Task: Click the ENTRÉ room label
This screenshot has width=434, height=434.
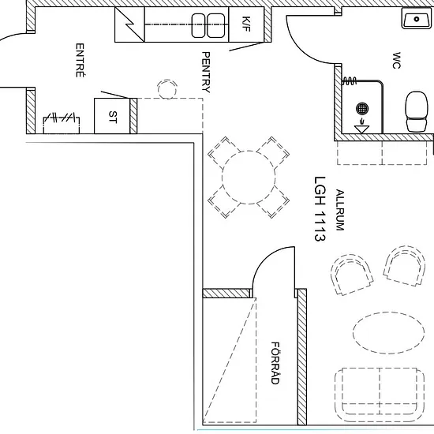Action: [80, 60]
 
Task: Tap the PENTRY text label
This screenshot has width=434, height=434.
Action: [206, 72]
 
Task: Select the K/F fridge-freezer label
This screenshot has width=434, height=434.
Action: [246, 24]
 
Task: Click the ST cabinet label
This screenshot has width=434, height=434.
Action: [113, 117]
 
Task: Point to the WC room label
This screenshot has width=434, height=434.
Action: [396, 60]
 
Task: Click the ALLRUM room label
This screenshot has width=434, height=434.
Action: [339, 210]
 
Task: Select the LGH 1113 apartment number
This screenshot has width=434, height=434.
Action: [320, 209]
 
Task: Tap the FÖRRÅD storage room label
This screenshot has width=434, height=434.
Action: [275, 363]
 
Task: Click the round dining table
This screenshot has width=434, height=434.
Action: [249, 178]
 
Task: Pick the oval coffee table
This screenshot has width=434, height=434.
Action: [388, 333]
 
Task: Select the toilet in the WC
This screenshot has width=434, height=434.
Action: [416, 111]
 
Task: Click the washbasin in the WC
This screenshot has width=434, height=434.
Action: [417, 19]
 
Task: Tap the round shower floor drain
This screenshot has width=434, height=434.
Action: [362, 108]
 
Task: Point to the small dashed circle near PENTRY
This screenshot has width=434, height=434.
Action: [167, 89]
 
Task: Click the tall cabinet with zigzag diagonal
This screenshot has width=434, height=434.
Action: [129, 24]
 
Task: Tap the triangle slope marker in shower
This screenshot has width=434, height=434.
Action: [361, 129]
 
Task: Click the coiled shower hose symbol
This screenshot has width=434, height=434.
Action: [350, 81]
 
